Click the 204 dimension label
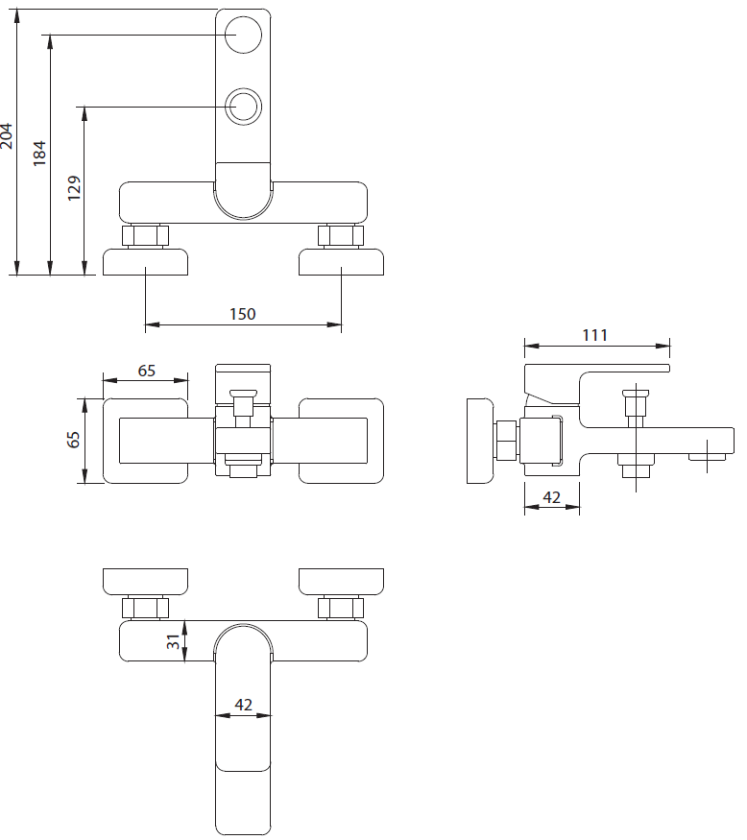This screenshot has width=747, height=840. point(7,136)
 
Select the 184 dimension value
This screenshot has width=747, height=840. point(39,154)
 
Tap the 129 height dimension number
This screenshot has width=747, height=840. point(74,188)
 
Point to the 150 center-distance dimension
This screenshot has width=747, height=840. point(243,314)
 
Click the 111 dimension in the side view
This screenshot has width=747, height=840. point(594,335)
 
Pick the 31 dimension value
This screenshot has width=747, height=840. point(173,641)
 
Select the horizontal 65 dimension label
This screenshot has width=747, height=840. point(146,371)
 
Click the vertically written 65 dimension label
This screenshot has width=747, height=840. point(73,440)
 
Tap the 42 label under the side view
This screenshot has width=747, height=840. point(551,497)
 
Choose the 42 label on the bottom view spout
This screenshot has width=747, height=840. point(243,705)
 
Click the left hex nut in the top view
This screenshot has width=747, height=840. point(145,236)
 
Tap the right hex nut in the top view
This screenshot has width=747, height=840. point(341,236)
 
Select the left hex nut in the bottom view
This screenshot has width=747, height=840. point(145,608)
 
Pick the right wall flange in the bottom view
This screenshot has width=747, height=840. point(341,582)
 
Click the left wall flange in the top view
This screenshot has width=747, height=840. point(145,262)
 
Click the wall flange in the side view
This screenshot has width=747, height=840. point(481,441)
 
